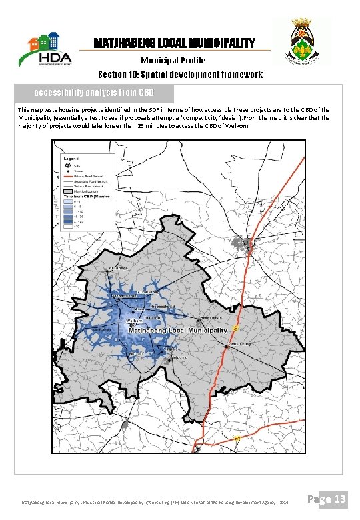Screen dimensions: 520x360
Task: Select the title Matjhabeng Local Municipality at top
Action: click(174, 44)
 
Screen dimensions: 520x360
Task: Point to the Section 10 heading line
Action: click(180, 74)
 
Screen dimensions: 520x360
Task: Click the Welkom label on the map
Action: click(133, 321)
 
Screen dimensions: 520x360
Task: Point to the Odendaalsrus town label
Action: click(123, 295)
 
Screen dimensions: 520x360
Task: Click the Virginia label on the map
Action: click(171, 349)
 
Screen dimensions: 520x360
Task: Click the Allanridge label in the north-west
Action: click(117, 268)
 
